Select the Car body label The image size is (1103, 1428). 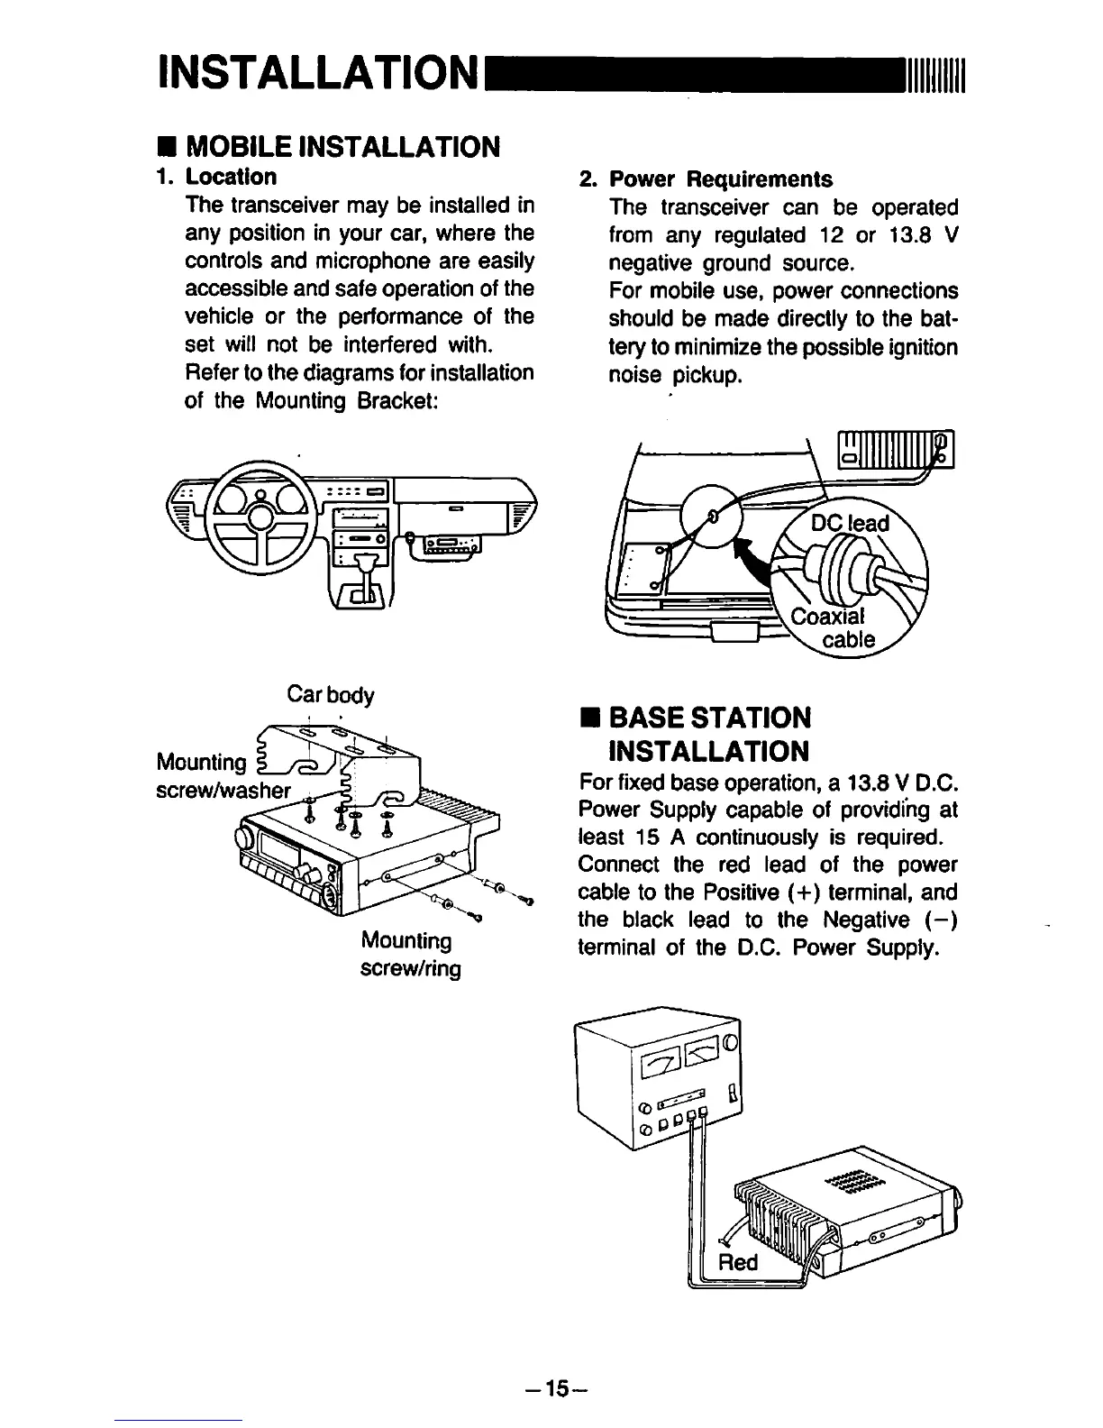coord(329,696)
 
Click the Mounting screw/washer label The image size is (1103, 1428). coord(222,777)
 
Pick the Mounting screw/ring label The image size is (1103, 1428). coord(410,955)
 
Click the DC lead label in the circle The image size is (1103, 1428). coord(850,524)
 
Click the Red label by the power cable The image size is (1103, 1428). coord(737,1262)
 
